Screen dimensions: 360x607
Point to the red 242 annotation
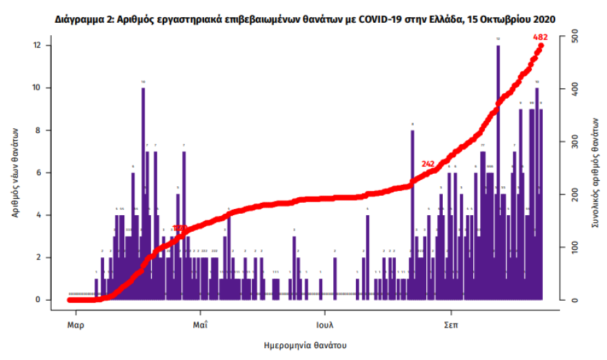click(x=428, y=163)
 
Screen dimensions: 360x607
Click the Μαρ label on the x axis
click(x=76, y=323)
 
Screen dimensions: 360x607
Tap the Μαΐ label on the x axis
click(x=201, y=323)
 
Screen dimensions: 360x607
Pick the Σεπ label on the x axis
click(x=451, y=323)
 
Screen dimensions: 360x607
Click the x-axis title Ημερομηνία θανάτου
click(x=305, y=343)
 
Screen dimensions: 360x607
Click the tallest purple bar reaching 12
click(x=498, y=172)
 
